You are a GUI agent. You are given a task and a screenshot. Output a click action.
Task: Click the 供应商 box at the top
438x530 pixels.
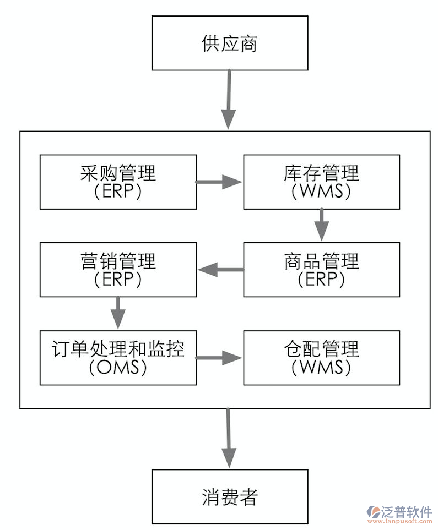tap(229, 43)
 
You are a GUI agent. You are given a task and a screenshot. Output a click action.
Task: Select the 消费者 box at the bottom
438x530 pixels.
tap(229, 496)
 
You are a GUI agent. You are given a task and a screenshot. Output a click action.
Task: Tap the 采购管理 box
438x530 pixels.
tap(118, 182)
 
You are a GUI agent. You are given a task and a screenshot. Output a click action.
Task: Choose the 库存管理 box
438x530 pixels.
tap(321, 182)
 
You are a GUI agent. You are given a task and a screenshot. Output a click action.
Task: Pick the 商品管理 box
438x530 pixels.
tap(321, 270)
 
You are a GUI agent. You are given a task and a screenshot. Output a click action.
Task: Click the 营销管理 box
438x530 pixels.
tap(118, 270)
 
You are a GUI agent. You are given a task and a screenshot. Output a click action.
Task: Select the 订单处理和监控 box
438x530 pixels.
tap(118, 357)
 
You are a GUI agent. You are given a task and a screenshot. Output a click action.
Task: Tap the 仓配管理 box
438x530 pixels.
tap(321, 357)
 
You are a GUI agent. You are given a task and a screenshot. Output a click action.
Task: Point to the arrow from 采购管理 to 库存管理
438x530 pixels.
tap(219, 182)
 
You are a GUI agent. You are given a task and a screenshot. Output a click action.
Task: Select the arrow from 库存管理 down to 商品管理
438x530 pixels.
tap(321, 225)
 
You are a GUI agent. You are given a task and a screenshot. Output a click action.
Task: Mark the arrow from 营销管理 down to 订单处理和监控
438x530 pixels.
tap(118, 313)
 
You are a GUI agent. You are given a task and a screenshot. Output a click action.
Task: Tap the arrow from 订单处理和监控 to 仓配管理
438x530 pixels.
tap(219, 358)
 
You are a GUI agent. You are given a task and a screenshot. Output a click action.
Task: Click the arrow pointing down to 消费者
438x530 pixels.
tap(229, 438)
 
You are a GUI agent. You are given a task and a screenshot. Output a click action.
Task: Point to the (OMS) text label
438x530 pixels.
tap(118, 367)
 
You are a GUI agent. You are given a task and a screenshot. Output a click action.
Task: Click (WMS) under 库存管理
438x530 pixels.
tap(321, 192)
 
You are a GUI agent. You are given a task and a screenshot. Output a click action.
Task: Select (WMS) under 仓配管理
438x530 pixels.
tap(321, 367)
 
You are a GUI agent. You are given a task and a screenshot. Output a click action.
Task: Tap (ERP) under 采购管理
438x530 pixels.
tap(118, 192)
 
